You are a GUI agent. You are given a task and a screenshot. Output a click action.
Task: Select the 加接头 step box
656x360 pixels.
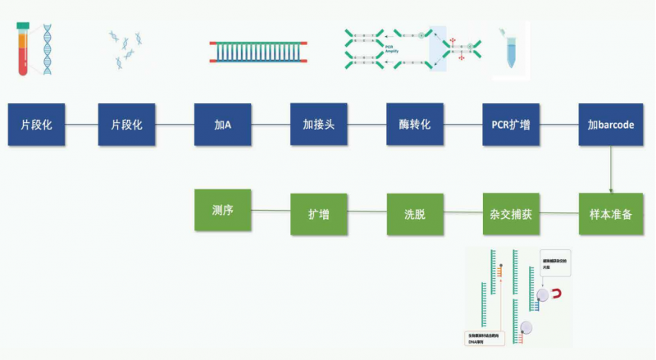[x=319, y=125]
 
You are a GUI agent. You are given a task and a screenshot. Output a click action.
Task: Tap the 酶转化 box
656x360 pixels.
[x=415, y=125]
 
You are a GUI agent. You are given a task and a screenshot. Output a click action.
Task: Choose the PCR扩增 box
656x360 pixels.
[x=511, y=125]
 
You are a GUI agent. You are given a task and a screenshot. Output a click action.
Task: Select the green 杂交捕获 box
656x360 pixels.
[x=511, y=214]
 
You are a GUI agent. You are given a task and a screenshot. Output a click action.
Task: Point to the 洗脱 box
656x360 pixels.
[x=415, y=214]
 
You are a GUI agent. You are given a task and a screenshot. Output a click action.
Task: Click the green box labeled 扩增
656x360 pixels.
[x=319, y=214]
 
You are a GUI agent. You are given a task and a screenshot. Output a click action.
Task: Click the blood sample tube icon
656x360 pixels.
[x=24, y=49]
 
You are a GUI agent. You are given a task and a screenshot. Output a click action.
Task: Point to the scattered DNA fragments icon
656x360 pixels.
[x=126, y=49]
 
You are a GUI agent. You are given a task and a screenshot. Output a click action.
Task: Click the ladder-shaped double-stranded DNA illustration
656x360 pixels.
[x=259, y=51]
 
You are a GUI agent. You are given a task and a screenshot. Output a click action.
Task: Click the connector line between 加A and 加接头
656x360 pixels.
[x=271, y=125]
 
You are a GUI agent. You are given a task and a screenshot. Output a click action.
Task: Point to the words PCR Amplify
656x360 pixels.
[x=393, y=48]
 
